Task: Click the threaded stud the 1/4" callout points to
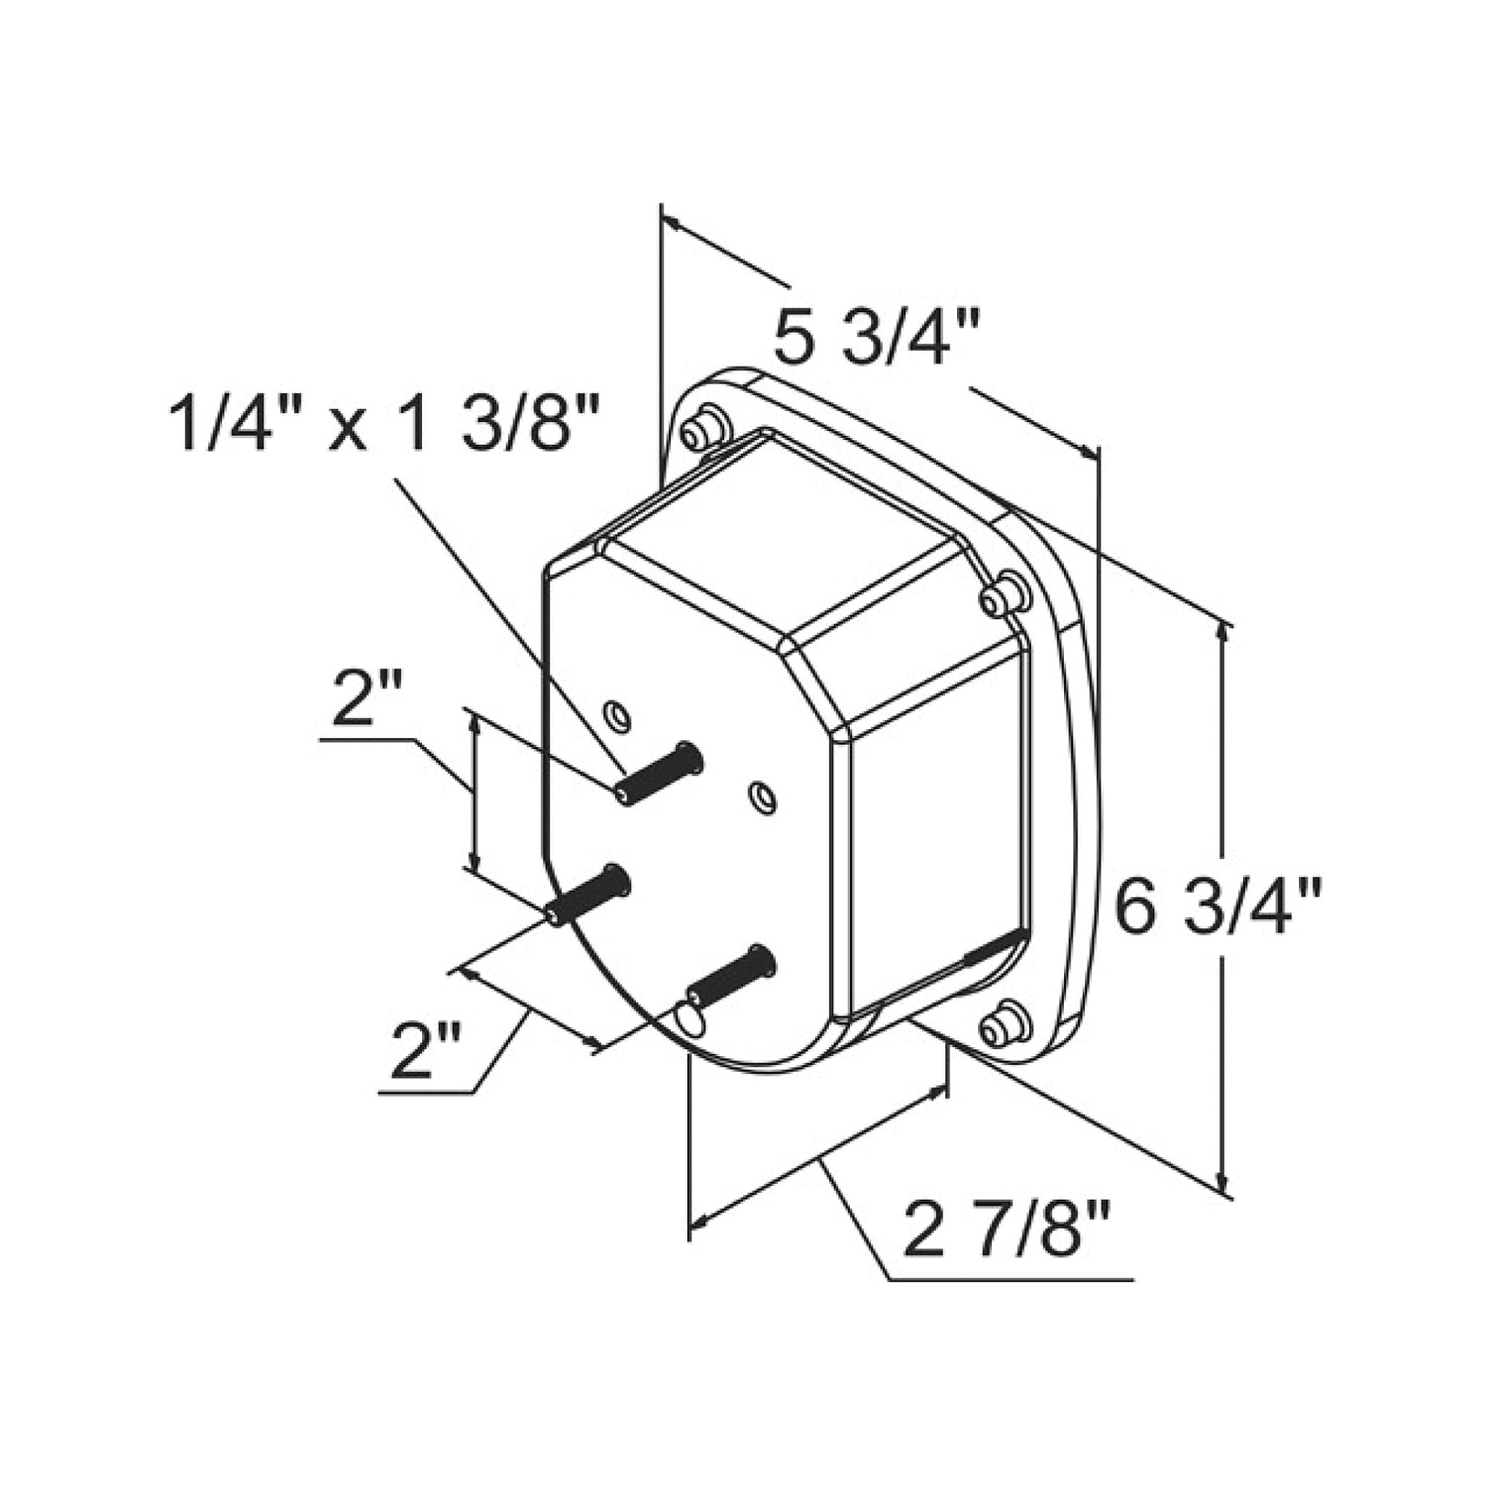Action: point(659,773)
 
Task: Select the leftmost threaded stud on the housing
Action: point(588,896)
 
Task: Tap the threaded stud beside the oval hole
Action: point(731,976)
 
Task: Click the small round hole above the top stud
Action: point(618,717)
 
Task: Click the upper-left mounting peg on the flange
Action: point(704,433)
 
